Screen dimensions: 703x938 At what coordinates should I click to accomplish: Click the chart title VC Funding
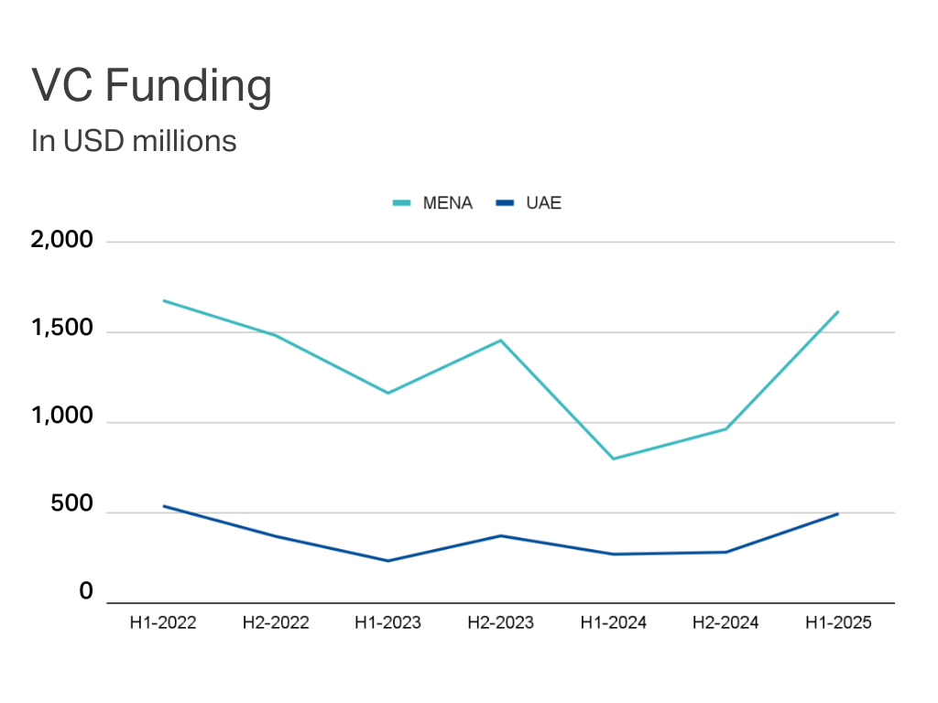pyautogui.click(x=152, y=87)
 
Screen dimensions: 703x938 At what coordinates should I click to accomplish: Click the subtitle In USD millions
pyautogui.click(x=134, y=142)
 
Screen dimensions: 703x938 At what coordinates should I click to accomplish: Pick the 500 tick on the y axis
pyautogui.click(x=74, y=506)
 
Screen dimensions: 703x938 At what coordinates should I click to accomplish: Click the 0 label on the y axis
pyautogui.click(x=86, y=592)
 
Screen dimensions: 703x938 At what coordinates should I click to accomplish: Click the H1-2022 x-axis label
pyautogui.click(x=163, y=623)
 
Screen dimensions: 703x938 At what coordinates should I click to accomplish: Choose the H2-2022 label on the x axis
pyautogui.click(x=276, y=623)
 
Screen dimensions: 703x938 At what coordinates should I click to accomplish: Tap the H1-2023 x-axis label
pyautogui.click(x=387, y=623)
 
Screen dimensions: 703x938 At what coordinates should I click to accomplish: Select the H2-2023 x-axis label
pyautogui.click(x=500, y=623)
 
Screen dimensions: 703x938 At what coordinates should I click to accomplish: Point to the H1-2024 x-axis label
pyautogui.click(x=613, y=623)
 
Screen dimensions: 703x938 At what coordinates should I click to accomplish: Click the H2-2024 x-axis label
pyautogui.click(x=725, y=623)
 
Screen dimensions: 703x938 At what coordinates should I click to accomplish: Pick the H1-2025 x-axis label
pyautogui.click(x=838, y=623)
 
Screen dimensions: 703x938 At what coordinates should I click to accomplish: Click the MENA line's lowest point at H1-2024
pyautogui.click(x=613, y=459)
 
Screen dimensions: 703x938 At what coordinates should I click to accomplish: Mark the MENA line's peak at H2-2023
pyautogui.click(x=500, y=341)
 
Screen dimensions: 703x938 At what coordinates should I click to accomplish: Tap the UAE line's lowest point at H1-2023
pyautogui.click(x=387, y=561)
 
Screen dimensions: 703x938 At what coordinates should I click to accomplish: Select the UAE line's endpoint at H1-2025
pyautogui.click(x=838, y=514)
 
